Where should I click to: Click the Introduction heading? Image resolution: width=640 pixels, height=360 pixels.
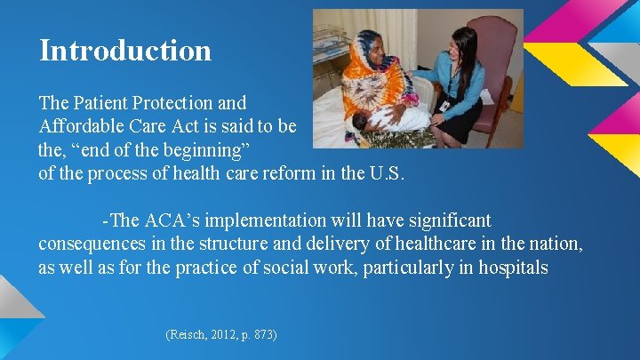(x=125, y=51)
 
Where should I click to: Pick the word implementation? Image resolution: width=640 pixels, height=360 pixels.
(x=265, y=220)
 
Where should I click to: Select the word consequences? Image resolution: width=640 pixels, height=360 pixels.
(x=92, y=244)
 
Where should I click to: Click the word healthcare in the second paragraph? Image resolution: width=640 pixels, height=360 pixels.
(x=436, y=244)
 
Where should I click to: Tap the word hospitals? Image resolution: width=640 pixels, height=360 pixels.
(x=513, y=268)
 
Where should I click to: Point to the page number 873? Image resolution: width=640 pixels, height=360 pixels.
(x=263, y=335)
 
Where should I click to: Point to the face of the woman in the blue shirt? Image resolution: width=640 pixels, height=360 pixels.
(x=454, y=50)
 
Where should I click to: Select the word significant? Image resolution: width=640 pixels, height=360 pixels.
(x=450, y=220)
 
